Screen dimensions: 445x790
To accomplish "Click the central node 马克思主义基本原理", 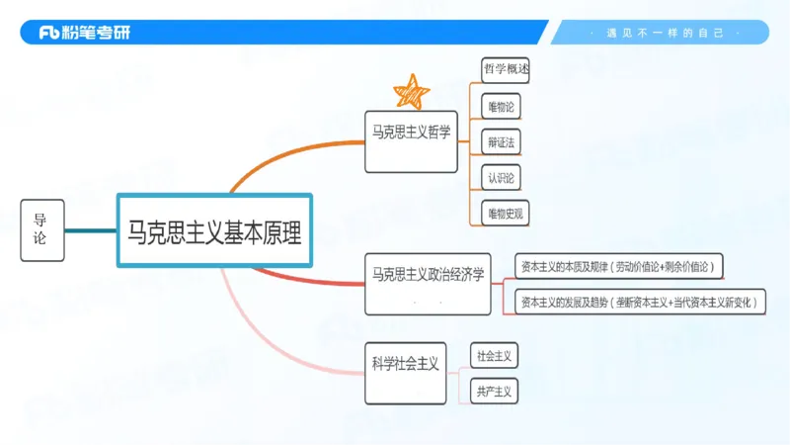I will [214, 230].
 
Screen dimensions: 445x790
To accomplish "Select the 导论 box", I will [41, 229].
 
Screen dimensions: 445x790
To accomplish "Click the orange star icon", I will [412, 91].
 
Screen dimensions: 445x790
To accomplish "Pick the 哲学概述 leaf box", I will [506, 70].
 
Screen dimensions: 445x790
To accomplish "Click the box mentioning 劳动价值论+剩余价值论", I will [619, 266].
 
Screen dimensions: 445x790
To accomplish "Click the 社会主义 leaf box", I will [494, 355].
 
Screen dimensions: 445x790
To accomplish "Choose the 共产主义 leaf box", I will [494, 391].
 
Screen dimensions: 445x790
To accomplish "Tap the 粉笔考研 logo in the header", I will [83, 33].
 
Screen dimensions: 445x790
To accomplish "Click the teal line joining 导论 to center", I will [90, 230].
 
